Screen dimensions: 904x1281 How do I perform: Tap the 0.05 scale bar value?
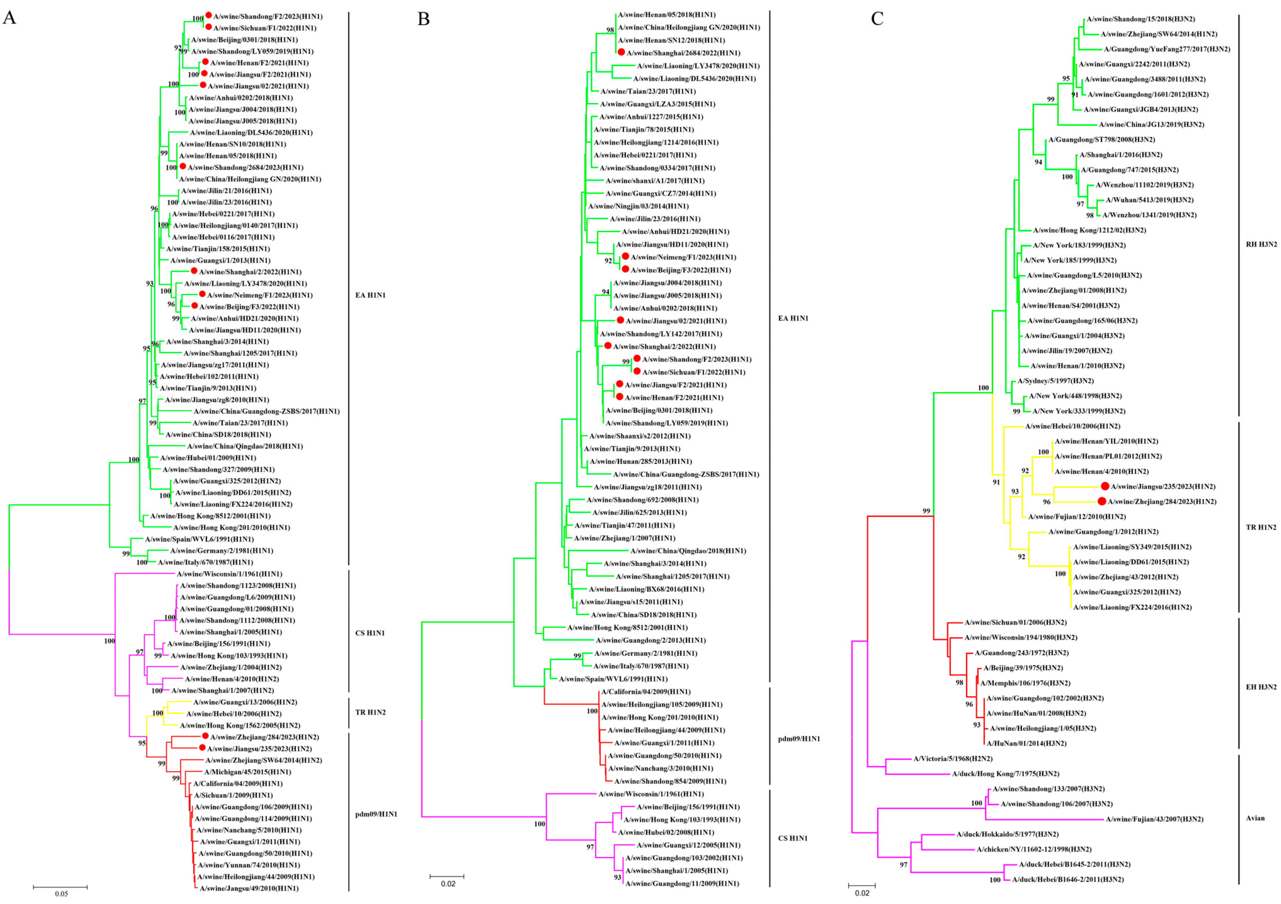pyautogui.click(x=61, y=893)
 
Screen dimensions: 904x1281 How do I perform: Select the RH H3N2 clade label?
pyautogui.click(x=1261, y=244)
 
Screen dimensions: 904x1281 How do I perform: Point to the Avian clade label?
pyautogui.click(x=1255, y=818)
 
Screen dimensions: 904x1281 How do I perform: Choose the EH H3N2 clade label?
pyautogui.click(x=1261, y=687)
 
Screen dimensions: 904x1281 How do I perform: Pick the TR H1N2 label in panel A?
pyautogui.click(x=370, y=712)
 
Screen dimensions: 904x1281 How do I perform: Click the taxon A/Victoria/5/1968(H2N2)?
pyautogui.click(x=952, y=758)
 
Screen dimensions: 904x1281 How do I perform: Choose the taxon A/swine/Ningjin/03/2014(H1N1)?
pyautogui.click(x=638, y=206)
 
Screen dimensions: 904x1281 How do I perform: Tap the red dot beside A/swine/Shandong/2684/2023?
pyautogui.click(x=182, y=166)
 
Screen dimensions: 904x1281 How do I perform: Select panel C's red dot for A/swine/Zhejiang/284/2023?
pyautogui.click(x=1101, y=501)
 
